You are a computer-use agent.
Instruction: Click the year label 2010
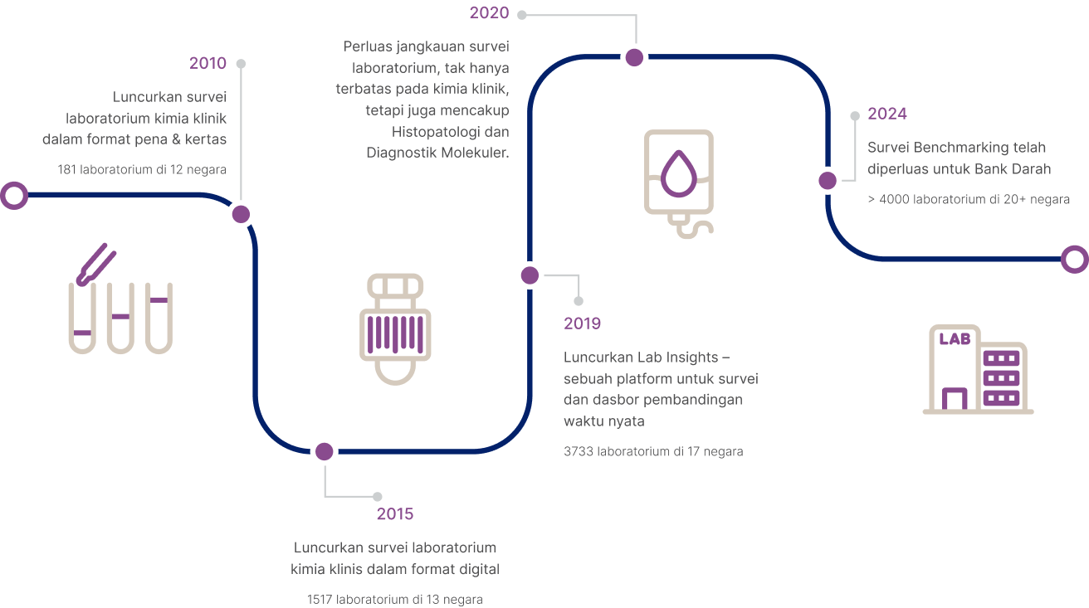coord(208,63)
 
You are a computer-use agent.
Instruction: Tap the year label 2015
coord(395,513)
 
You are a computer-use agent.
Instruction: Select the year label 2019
coord(582,323)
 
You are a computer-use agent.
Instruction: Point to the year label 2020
coord(489,12)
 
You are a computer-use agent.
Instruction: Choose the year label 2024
coord(887,114)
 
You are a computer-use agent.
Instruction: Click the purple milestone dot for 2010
coord(241,214)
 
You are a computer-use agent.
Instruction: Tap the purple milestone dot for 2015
coord(325,451)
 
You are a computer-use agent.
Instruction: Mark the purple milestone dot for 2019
coord(530,275)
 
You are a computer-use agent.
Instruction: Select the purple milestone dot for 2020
coord(634,57)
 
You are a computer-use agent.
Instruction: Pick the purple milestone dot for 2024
coord(828,180)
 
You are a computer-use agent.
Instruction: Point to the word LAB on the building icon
coord(955,338)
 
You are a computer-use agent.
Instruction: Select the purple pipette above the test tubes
coord(95,264)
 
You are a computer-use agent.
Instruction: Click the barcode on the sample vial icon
coord(395,334)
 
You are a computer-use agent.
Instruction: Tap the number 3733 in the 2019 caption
coord(579,451)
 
